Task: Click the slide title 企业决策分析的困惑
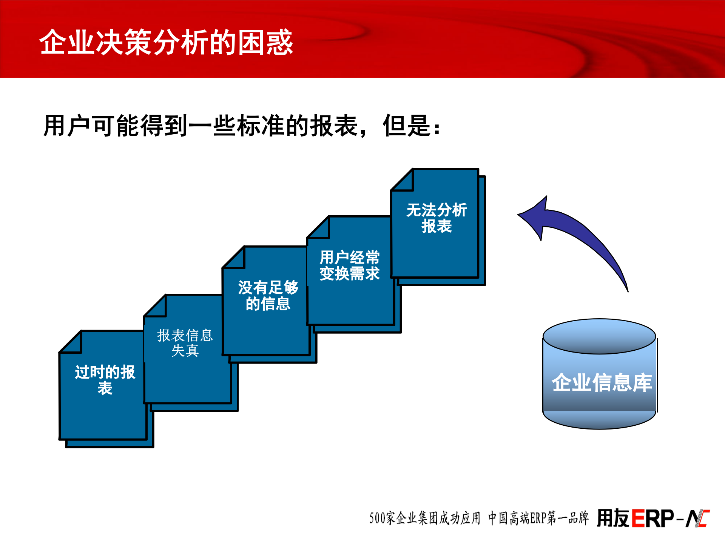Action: pyautogui.click(x=166, y=42)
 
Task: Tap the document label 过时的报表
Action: pyautogui.click(x=105, y=380)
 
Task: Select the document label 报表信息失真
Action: pyautogui.click(x=185, y=343)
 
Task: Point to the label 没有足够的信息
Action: pyautogui.click(x=268, y=296)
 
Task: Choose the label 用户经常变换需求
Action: pyautogui.click(x=349, y=265)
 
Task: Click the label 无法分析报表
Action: pyautogui.click(x=437, y=218)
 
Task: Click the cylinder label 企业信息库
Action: pyautogui.click(x=602, y=383)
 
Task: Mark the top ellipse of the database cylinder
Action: pyautogui.click(x=599, y=336)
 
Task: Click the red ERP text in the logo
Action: pyautogui.click(x=652, y=518)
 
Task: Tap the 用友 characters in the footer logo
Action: pyautogui.click(x=613, y=518)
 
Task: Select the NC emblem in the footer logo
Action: pyautogui.click(x=698, y=518)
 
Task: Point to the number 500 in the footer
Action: pyautogui.click(x=377, y=518)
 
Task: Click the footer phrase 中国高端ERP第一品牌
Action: pyautogui.click(x=538, y=518)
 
